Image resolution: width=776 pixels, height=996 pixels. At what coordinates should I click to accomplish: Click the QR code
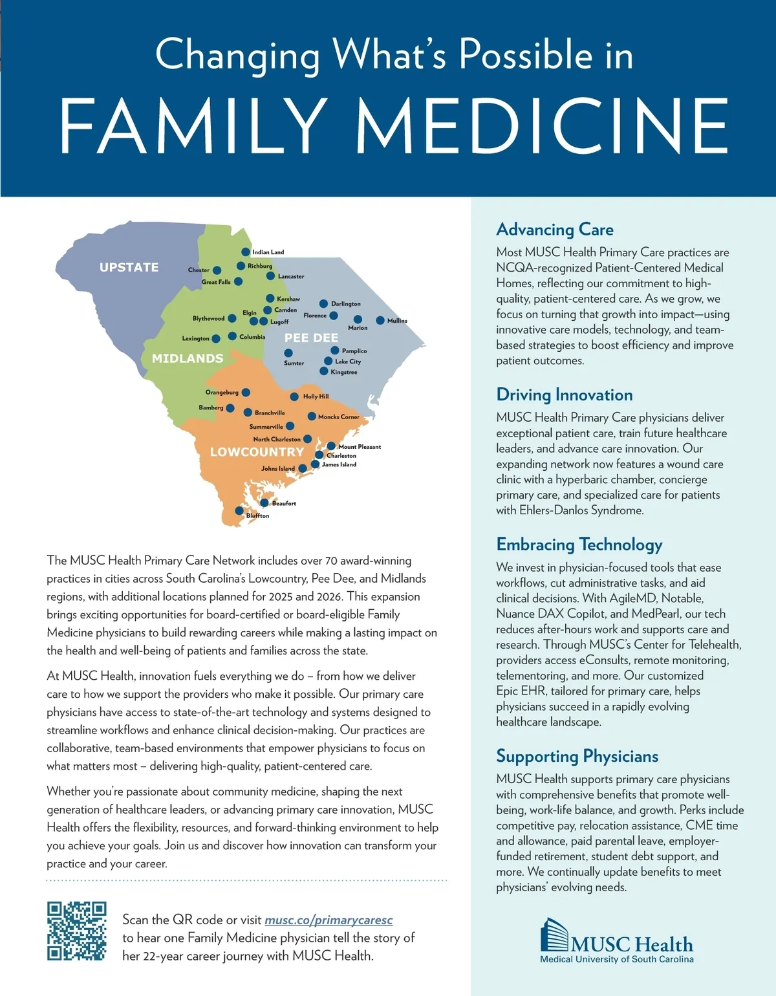(x=76, y=931)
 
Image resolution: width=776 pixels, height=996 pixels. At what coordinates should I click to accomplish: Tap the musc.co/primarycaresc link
(x=329, y=920)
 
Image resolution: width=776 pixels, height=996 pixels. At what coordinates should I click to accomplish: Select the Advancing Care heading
(x=555, y=230)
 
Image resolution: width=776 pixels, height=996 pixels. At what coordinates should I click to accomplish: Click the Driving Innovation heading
(x=565, y=395)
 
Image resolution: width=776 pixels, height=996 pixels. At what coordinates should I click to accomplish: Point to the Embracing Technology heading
(x=579, y=545)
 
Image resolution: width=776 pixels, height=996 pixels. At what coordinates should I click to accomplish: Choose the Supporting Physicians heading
(x=577, y=756)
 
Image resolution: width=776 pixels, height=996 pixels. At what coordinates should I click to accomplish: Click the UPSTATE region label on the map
(x=129, y=267)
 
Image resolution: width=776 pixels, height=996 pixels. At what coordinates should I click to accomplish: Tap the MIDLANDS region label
(x=188, y=358)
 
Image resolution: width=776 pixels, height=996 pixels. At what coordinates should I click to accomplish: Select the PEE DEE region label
(x=312, y=338)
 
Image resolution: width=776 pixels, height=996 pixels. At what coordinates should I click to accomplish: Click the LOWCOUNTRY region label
(x=257, y=452)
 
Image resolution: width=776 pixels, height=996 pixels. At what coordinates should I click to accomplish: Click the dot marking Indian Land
(x=246, y=252)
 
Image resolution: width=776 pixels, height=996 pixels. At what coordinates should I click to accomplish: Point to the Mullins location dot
(x=380, y=321)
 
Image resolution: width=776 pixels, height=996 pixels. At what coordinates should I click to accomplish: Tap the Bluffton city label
(x=257, y=515)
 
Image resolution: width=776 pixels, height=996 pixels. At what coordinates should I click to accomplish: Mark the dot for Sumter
(x=288, y=353)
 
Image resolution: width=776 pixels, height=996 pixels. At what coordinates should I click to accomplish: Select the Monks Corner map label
(x=339, y=417)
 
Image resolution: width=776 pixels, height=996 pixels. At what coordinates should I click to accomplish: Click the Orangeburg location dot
(x=246, y=393)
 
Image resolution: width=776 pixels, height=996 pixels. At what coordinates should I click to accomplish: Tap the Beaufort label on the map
(x=284, y=503)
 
